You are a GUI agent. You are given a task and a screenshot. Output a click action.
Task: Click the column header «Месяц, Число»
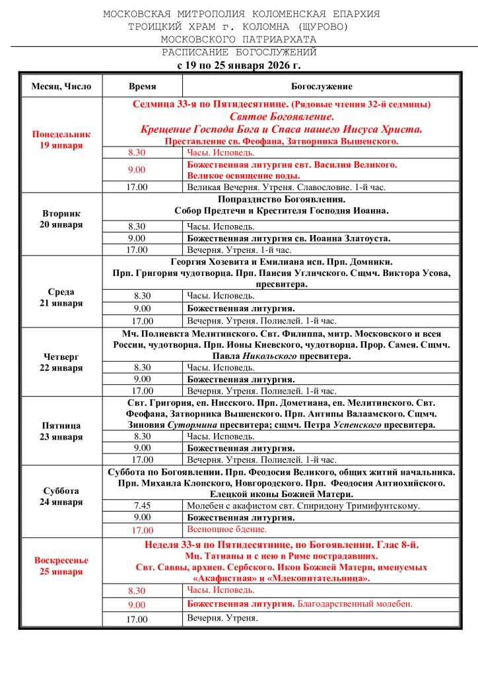(x=61, y=86)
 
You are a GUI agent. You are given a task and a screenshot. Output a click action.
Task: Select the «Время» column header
(x=142, y=86)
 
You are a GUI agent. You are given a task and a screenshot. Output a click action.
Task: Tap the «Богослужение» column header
(x=322, y=86)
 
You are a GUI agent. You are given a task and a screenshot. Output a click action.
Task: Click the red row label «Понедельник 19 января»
(x=61, y=140)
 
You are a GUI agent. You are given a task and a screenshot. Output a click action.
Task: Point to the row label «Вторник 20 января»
(x=61, y=219)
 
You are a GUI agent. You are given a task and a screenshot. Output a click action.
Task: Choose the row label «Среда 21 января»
(x=61, y=298)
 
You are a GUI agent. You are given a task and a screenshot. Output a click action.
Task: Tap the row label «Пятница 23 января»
(x=61, y=431)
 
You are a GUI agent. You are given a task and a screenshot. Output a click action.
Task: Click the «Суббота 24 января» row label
(x=61, y=496)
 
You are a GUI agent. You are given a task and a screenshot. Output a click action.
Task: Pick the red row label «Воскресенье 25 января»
(x=61, y=566)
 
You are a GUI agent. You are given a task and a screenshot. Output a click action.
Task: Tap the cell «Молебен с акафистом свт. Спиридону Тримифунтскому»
(x=304, y=506)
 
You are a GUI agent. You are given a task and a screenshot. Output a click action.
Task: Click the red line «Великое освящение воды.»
(x=243, y=176)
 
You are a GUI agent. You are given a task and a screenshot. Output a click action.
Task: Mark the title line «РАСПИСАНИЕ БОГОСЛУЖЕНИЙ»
(x=240, y=52)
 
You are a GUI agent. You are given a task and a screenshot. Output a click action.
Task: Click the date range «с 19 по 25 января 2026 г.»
(x=240, y=65)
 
